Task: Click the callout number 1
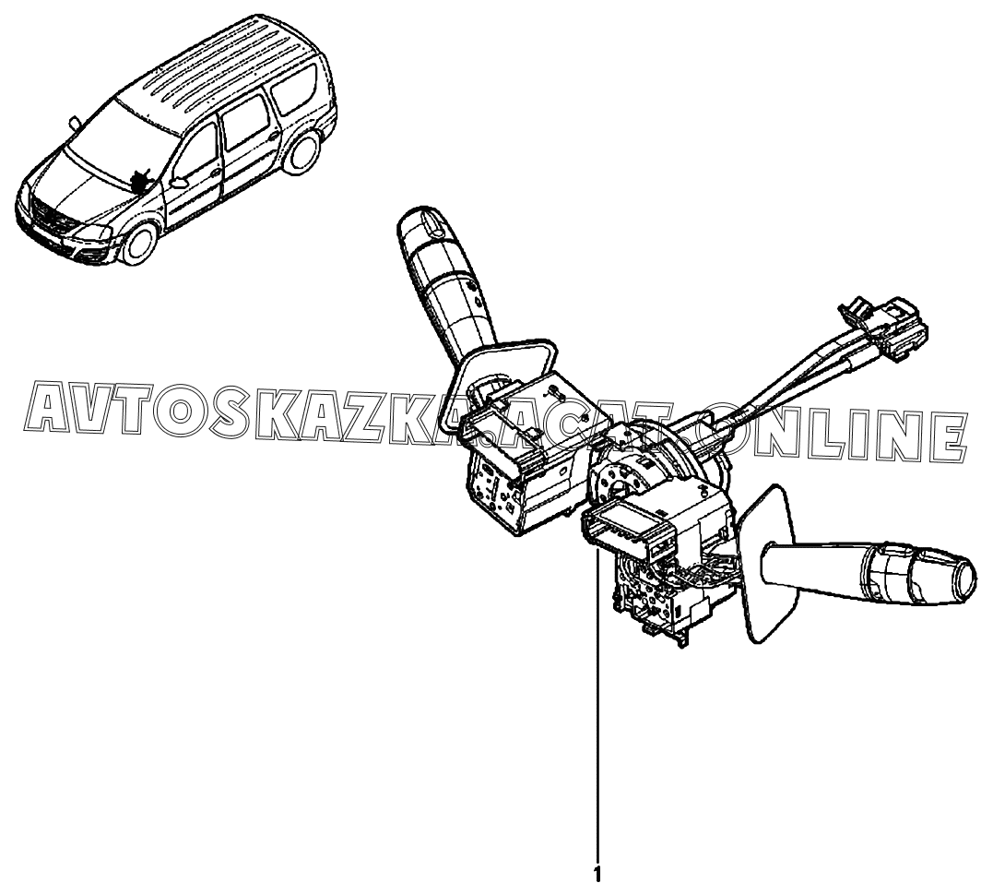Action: tap(597, 873)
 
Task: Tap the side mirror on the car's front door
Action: tap(179, 181)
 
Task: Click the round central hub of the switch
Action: tap(631, 475)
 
